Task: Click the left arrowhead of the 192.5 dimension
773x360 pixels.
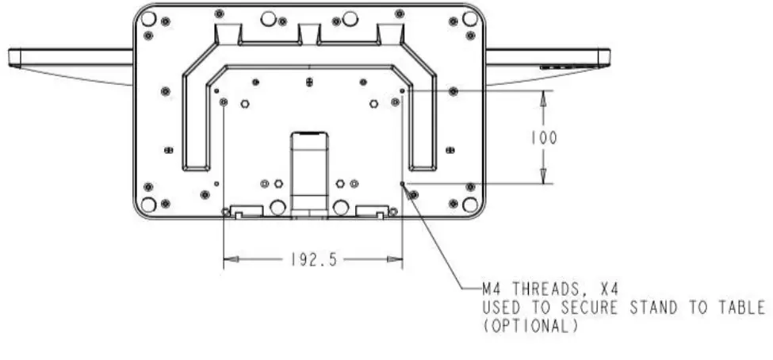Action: (x=230, y=259)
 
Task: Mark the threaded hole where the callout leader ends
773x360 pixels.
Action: (x=403, y=185)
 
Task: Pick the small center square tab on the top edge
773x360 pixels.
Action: (x=308, y=33)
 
